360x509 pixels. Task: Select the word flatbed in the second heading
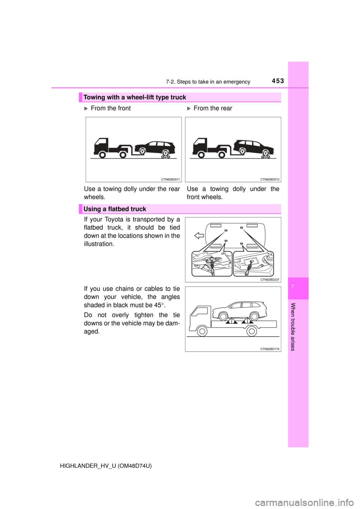pos(118,209)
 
